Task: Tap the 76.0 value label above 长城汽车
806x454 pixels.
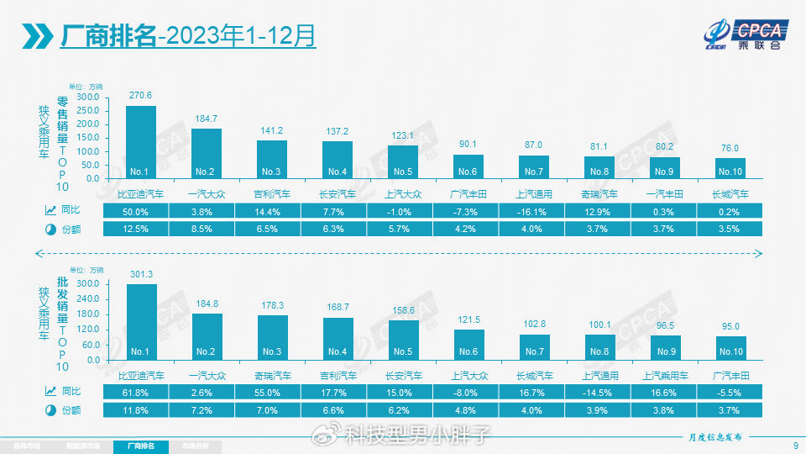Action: click(x=730, y=149)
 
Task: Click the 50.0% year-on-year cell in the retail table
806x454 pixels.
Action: click(x=140, y=212)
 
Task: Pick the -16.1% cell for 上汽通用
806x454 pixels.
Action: click(x=534, y=212)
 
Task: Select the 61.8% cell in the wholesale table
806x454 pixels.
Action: click(x=140, y=392)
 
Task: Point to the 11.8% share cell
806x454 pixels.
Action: click(x=140, y=410)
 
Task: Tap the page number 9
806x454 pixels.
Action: click(x=794, y=446)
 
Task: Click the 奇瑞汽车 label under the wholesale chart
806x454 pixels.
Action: click(x=272, y=374)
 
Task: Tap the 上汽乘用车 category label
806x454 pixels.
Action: click(x=665, y=374)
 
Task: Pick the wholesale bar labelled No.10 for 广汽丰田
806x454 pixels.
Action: click(x=730, y=347)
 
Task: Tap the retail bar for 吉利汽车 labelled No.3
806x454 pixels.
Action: click(x=272, y=159)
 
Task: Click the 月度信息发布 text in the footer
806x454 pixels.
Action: click(x=715, y=437)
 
